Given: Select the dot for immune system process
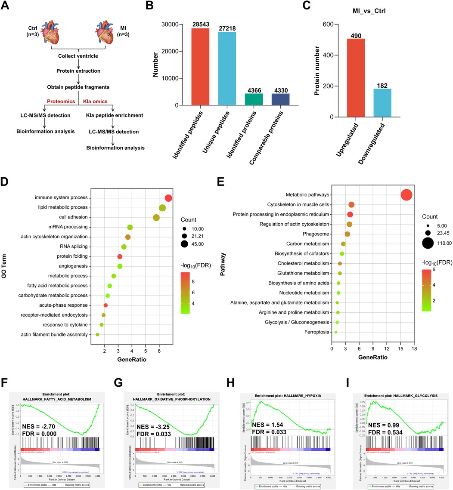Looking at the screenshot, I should pos(168,198).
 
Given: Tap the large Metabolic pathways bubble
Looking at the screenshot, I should pos(406,195).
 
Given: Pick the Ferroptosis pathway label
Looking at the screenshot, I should pos(316,332).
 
